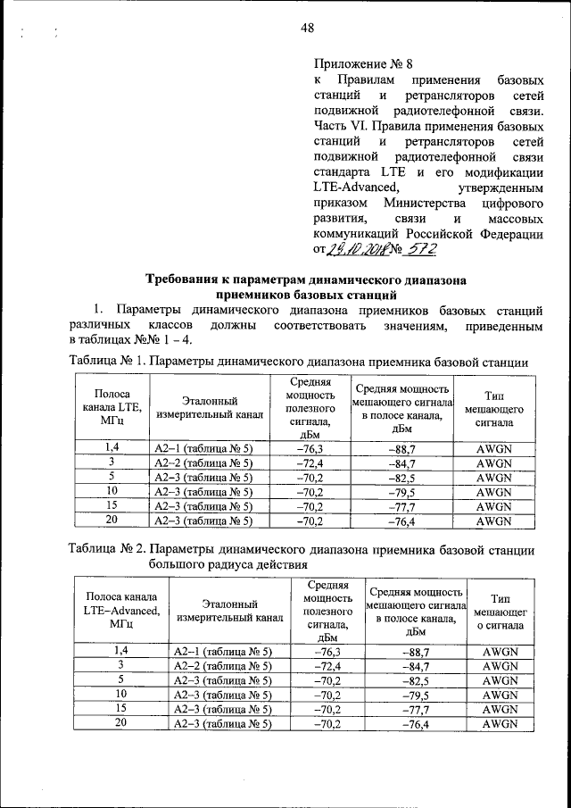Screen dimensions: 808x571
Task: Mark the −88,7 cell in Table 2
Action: pos(415,653)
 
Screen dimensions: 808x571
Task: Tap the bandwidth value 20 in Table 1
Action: pos(112,521)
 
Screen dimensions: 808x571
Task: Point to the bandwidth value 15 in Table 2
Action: pos(120,709)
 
